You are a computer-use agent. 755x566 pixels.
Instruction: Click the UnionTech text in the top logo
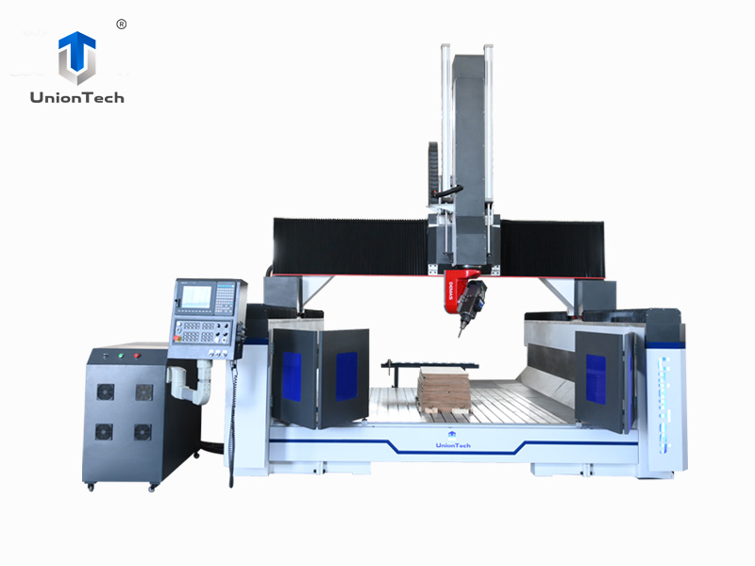click(76, 97)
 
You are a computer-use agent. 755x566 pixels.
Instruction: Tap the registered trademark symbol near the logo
click(121, 25)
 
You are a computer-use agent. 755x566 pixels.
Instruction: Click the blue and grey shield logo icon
click(76, 57)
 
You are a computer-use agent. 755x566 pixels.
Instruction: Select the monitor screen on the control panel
click(196, 296)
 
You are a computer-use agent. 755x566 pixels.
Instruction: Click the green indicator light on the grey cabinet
click(120, 357)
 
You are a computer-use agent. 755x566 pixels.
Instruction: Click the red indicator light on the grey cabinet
click(138, 357)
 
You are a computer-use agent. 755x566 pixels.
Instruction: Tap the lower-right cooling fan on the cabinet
click(143, 431)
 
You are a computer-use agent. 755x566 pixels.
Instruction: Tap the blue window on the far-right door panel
click(596, 377)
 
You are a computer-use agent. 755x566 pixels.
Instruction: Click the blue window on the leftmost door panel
click(292, 376)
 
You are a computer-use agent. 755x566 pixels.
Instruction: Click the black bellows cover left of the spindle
click(349, 246)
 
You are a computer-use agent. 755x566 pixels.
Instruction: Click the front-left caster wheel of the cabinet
click(91, 485)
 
